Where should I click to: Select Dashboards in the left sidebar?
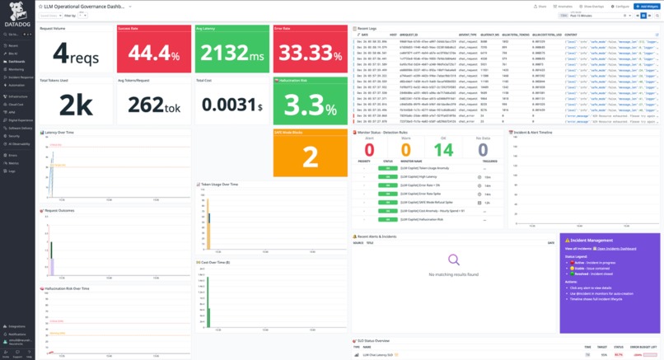click(16, 62)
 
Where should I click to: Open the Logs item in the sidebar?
click(12, 171)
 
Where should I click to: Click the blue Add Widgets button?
click(646, 6)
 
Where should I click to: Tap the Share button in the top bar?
click(541, 6)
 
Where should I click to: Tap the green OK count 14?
click(443, 149)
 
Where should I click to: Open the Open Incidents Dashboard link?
click(610, 248)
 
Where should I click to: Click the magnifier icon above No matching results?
click(452, 261)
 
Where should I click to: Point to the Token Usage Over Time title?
click(218, 184)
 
